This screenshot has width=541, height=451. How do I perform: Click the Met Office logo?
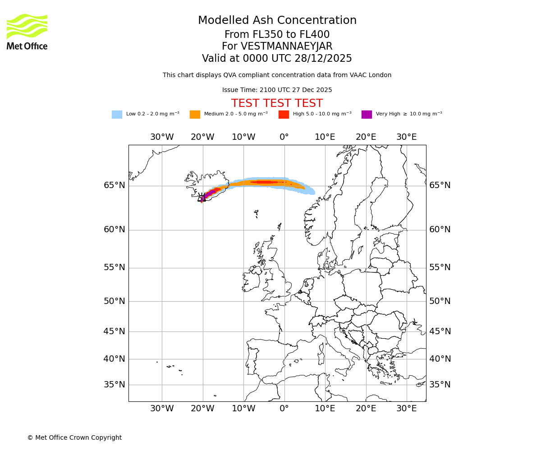27,32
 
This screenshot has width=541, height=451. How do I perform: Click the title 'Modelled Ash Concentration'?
277,21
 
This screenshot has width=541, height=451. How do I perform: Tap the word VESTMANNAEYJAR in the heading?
286,46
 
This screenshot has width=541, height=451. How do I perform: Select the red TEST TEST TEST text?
277,103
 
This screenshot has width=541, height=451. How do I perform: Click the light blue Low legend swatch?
117,115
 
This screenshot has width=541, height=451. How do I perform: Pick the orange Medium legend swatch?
195,115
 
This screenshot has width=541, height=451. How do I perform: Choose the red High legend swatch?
284,115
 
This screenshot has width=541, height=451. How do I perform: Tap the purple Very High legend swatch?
367,115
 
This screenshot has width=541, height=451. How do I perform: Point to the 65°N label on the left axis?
115,185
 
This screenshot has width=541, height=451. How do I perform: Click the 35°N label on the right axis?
440,385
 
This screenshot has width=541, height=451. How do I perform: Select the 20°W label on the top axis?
202,137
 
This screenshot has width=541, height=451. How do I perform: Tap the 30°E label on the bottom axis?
407,409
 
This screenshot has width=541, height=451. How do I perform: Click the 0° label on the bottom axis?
284,409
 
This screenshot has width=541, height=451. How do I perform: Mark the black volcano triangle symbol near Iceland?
202,198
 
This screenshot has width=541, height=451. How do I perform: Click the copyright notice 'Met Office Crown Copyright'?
74,438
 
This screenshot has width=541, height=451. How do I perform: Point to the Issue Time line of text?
277,90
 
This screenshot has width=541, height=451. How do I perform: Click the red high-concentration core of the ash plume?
264,182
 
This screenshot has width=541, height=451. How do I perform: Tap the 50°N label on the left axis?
115,301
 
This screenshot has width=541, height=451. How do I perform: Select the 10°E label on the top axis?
325,137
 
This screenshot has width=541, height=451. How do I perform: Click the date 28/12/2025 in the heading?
323,59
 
